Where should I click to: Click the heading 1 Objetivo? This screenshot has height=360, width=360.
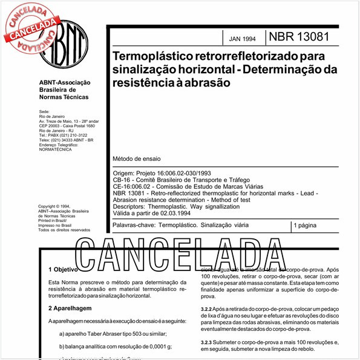pyautogui.click(x=62, y=269)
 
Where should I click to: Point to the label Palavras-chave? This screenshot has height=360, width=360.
pyautogui.click(x=133, y=225)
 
